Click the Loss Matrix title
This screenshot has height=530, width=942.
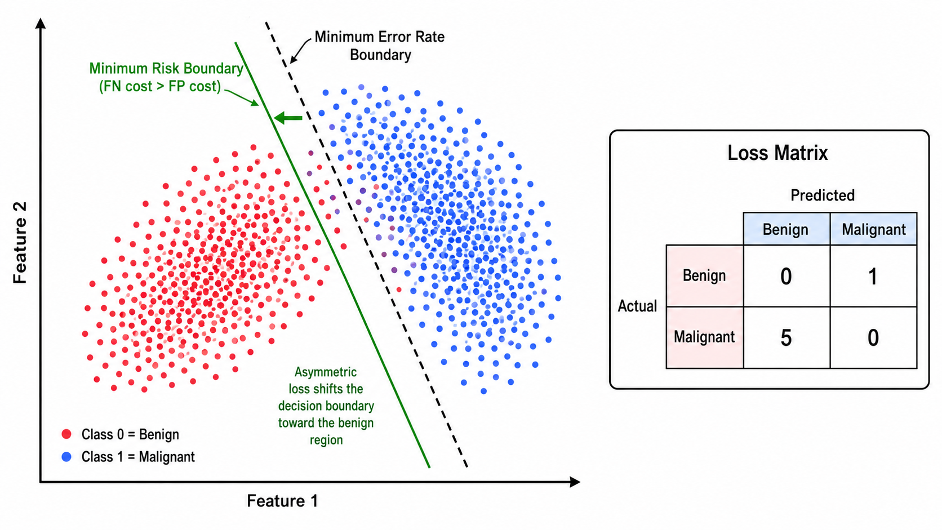click(x=777, y=153)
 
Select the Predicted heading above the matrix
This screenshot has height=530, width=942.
click(x=823, y=195)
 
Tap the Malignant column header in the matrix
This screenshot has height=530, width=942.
click(x=873, y=229)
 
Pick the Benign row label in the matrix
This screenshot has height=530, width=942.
click(x=704, y=276)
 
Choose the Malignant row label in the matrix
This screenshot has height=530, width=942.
click(x=704, y=337)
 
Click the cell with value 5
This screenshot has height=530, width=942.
click(x=787, y=337)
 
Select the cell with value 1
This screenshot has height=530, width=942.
click(x=873, y=276)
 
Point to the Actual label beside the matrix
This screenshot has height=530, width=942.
click(x=637, y=306)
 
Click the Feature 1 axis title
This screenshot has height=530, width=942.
click(x=282, y=501)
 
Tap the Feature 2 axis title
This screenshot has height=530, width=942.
click(x=20, y=243)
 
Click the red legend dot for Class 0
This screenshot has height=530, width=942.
click(x=66, y=434)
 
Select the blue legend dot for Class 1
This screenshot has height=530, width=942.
click(x=66, y=457)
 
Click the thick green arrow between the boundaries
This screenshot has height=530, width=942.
click(x=288, y=118)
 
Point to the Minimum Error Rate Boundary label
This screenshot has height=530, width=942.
click(x=380, y=46)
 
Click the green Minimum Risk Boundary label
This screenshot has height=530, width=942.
click(x=166, y=77)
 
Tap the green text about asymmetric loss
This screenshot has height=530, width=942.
click(x=326, y=406)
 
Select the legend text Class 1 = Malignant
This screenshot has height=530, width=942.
click(x=138, y=457)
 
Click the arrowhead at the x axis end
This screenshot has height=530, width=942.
click(x=575, y=482)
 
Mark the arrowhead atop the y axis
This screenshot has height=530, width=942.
click(x=41, y=23)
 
